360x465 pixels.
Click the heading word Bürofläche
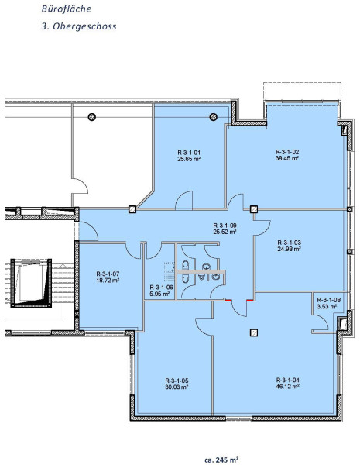67,9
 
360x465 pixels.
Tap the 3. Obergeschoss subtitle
79,26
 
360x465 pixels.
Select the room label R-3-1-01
189,153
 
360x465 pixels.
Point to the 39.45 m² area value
286,158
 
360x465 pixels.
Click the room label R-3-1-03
290,243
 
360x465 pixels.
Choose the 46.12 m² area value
288,387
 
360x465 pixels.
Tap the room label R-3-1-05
177,381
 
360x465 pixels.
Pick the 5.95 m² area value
159,294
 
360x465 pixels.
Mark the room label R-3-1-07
108,274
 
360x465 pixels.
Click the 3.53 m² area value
327,307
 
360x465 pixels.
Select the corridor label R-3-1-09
225,226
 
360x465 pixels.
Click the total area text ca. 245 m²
221,460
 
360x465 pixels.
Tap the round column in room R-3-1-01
214,117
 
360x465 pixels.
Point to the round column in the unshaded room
92,117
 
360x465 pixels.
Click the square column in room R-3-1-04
253,332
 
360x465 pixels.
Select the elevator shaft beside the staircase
31,283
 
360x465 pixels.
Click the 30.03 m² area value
177,387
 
